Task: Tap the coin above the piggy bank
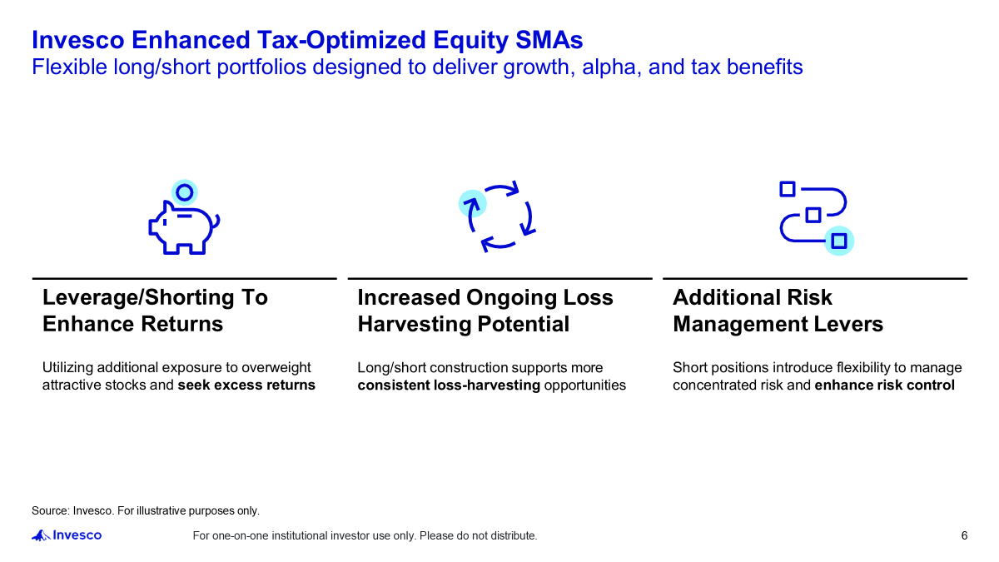[185, 193]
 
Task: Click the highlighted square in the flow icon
[839, 241]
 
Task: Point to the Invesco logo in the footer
[67, 535]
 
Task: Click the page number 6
[964, 535]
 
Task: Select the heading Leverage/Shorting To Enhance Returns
[155, 311]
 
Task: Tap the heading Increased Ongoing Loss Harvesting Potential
[485, 311]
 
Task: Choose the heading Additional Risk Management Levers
[778, 311]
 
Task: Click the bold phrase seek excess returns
[246, 385]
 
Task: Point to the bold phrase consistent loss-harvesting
[449, 385]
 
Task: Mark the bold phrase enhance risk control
[884, 385]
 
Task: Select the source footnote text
[146, 510]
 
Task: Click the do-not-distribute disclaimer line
[365, 535]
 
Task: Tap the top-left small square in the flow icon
[788, 189]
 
